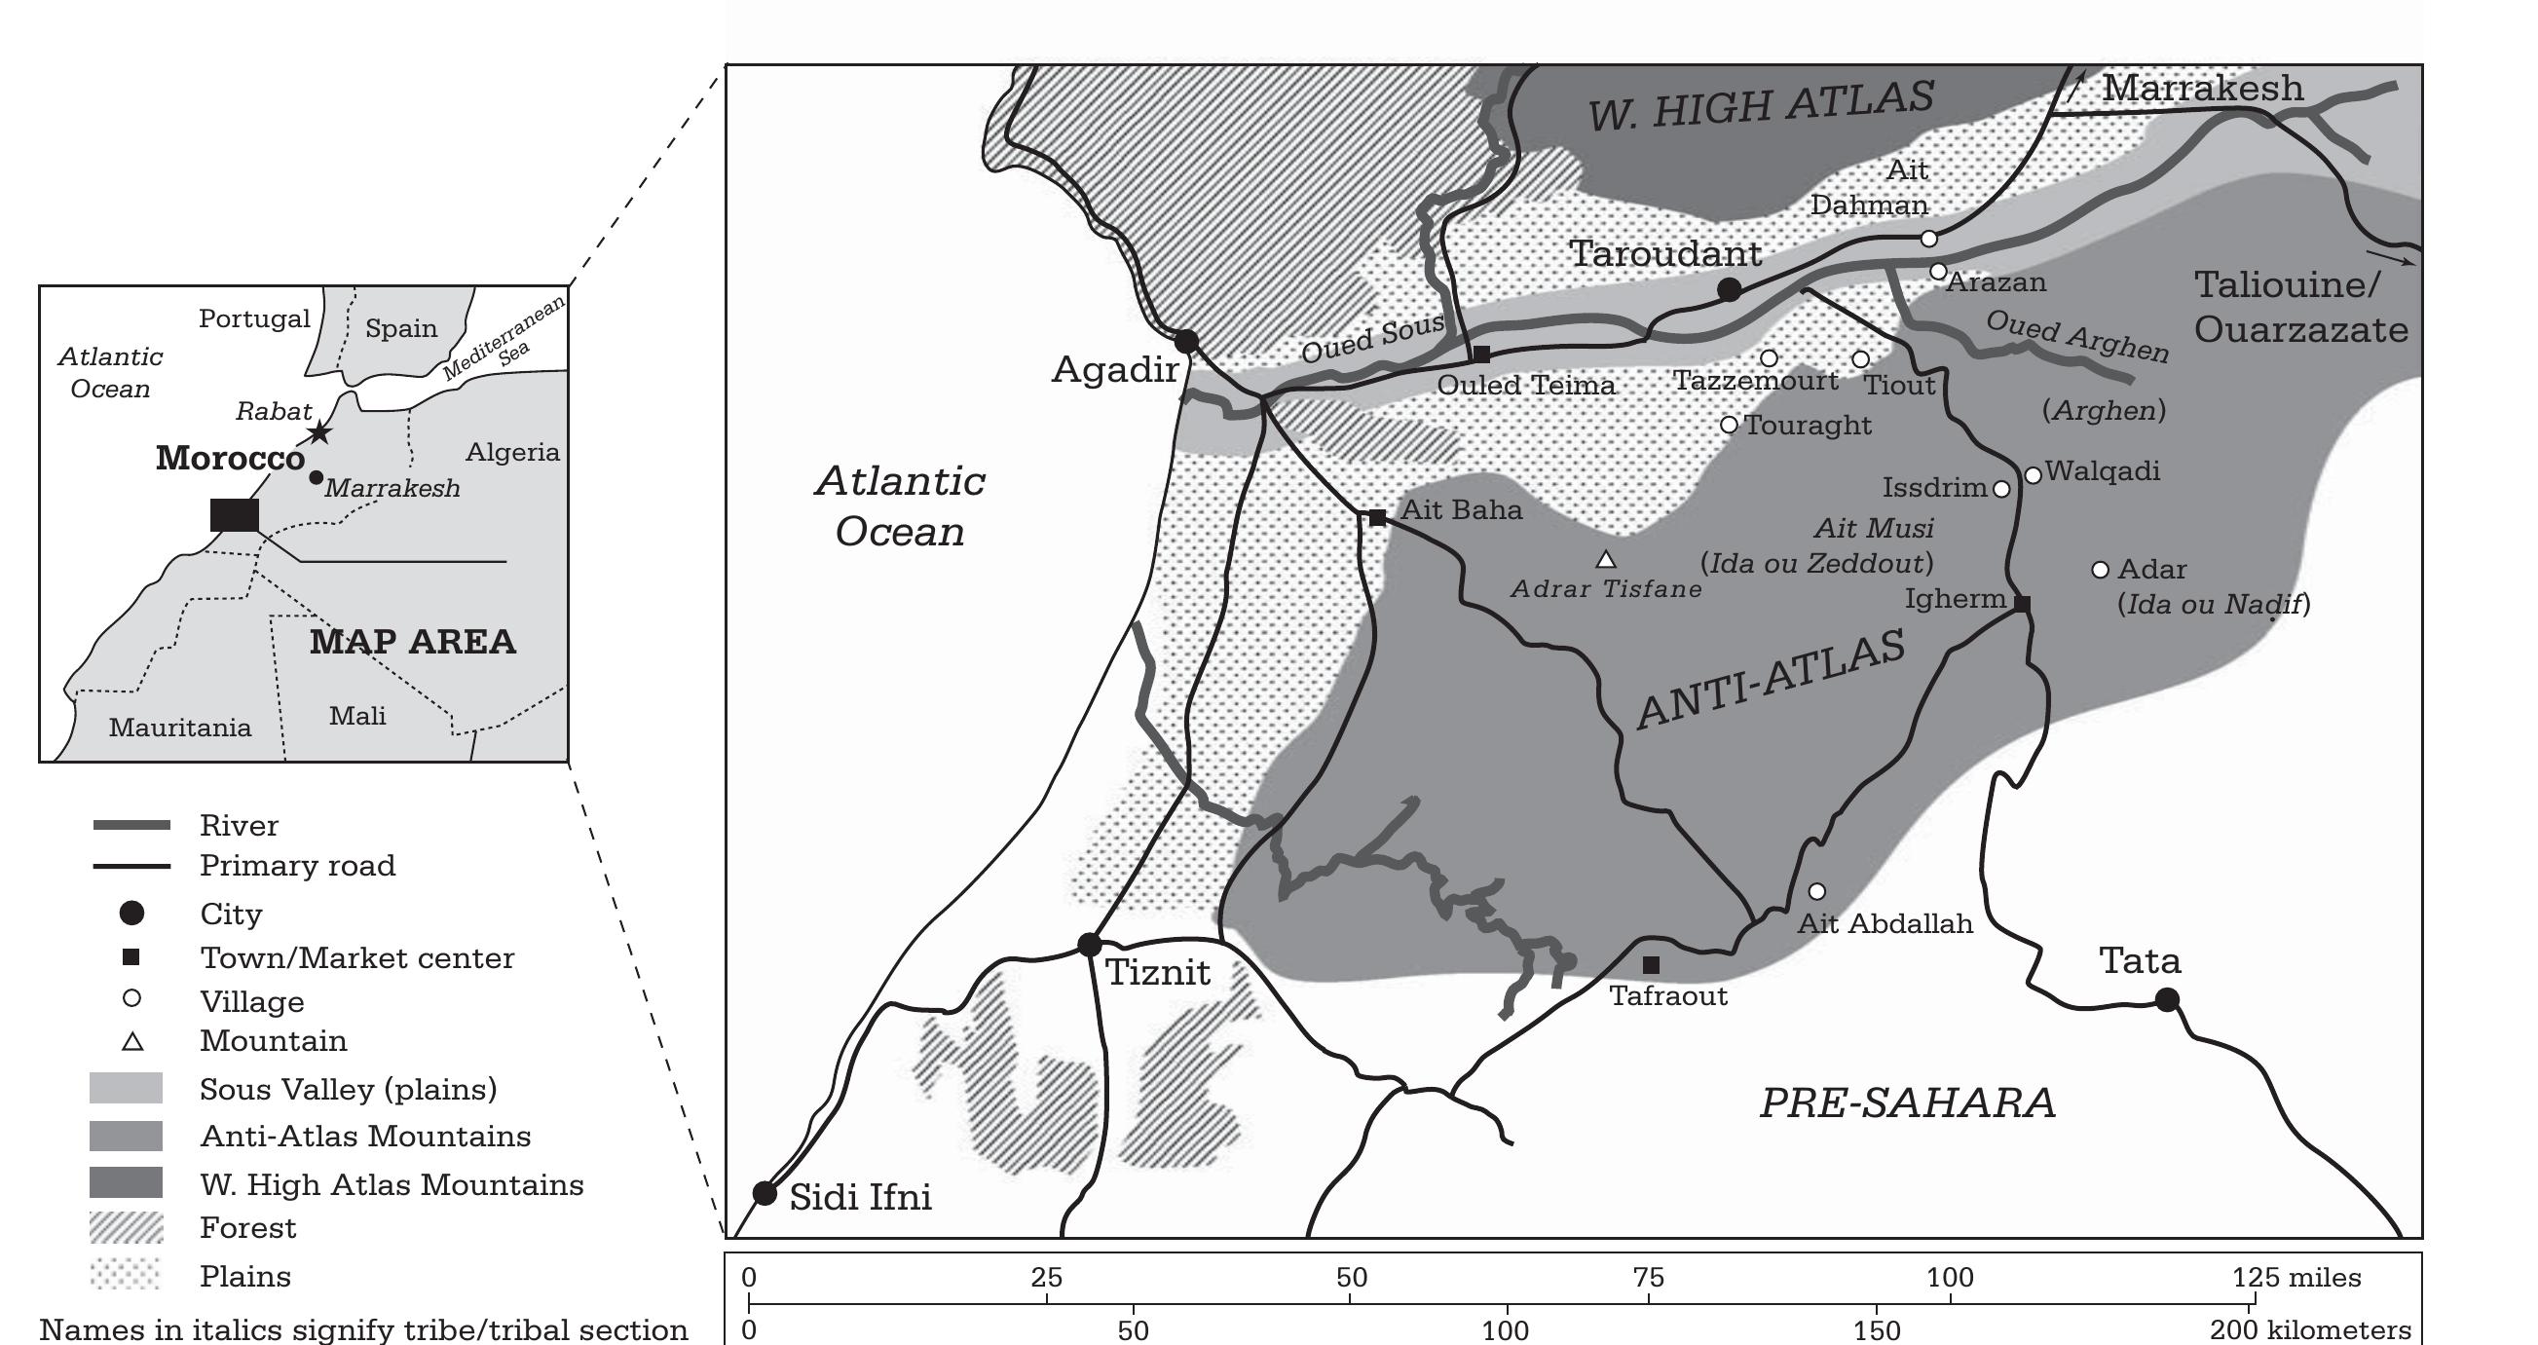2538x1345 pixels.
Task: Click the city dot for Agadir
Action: pyautogui.click(x=1186, y=342)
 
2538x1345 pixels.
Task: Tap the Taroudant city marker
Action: pyautogui.click(x=1729, y=289)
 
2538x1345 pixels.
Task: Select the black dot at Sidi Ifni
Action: pyautogui.click(x=765, y=1193)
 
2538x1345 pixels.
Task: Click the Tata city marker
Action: pyautogui.click(x=2167, y=1000)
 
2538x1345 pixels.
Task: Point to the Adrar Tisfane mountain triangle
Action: pyautogui.click(x=1606, y=560)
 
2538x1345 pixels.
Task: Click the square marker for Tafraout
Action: pyautogui.click(x=1652, y=964)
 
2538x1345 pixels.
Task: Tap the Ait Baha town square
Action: pyautogui.click(x=1377, y=517)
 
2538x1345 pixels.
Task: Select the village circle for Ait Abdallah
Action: pyautogui.click(x=1817, y=891)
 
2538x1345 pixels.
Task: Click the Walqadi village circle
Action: pyautogui.click(x=2033, y=475)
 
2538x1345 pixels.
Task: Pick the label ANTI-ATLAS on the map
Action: pyautogui.click(x=1770, y=680)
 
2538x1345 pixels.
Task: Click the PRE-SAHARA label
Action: pyautogui.click(x=1908, y=1102)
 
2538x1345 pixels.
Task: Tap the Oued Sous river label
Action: pyautogui.click(x=1372, y=338)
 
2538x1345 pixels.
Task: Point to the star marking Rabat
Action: pyautogui.click(x=319, y=432)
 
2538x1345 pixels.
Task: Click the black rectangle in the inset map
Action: pyautogui.click(x=235, y=514)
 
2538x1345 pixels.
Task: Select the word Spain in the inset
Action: pyautogui.click(x=401, y=328)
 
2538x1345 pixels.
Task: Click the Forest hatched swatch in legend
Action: pyautogui.click(x=126, y=1228)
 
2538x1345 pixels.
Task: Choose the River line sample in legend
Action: pyautogui.click(x=131, y=825)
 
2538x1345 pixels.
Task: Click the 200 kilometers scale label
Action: pyautogui.click(x=2309, y=1330)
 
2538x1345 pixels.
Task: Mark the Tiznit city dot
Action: pyautogui.click(x=1089, y=945)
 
